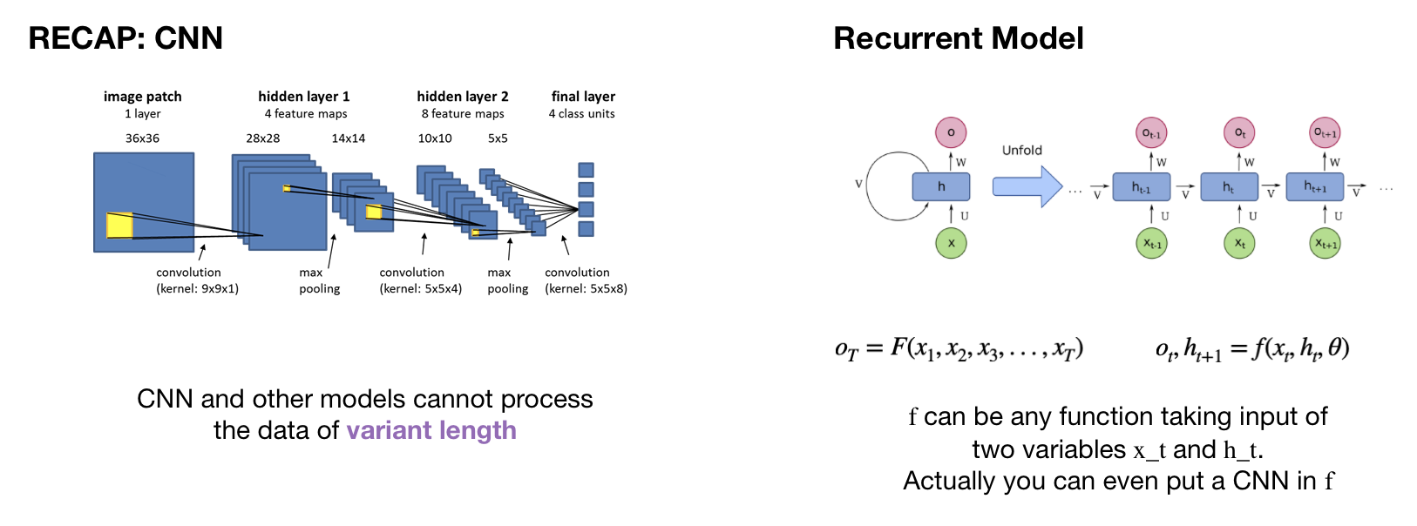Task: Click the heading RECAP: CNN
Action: (125, 38)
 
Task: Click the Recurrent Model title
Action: (958, 38)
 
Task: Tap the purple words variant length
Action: (431, 430)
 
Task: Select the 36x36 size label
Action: (142, 138)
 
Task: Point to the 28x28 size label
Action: (262, 138)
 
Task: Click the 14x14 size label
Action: (348, 138)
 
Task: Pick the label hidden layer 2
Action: (462, 97)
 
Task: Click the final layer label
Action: (583, 97)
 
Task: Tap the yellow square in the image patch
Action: (119, 225)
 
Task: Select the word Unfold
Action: (1021, 150)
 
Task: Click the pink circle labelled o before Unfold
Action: (951, 132)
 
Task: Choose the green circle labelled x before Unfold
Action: (951, 243)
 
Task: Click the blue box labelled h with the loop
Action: (941, 186)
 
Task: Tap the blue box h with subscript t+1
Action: (1315, 186)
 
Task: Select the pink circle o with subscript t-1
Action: (1151, 132)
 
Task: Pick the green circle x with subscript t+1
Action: (1325, 243)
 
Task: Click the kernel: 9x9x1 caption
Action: (197, 289)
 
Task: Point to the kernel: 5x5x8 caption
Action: (586, 289)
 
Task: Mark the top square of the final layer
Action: (586, 170)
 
